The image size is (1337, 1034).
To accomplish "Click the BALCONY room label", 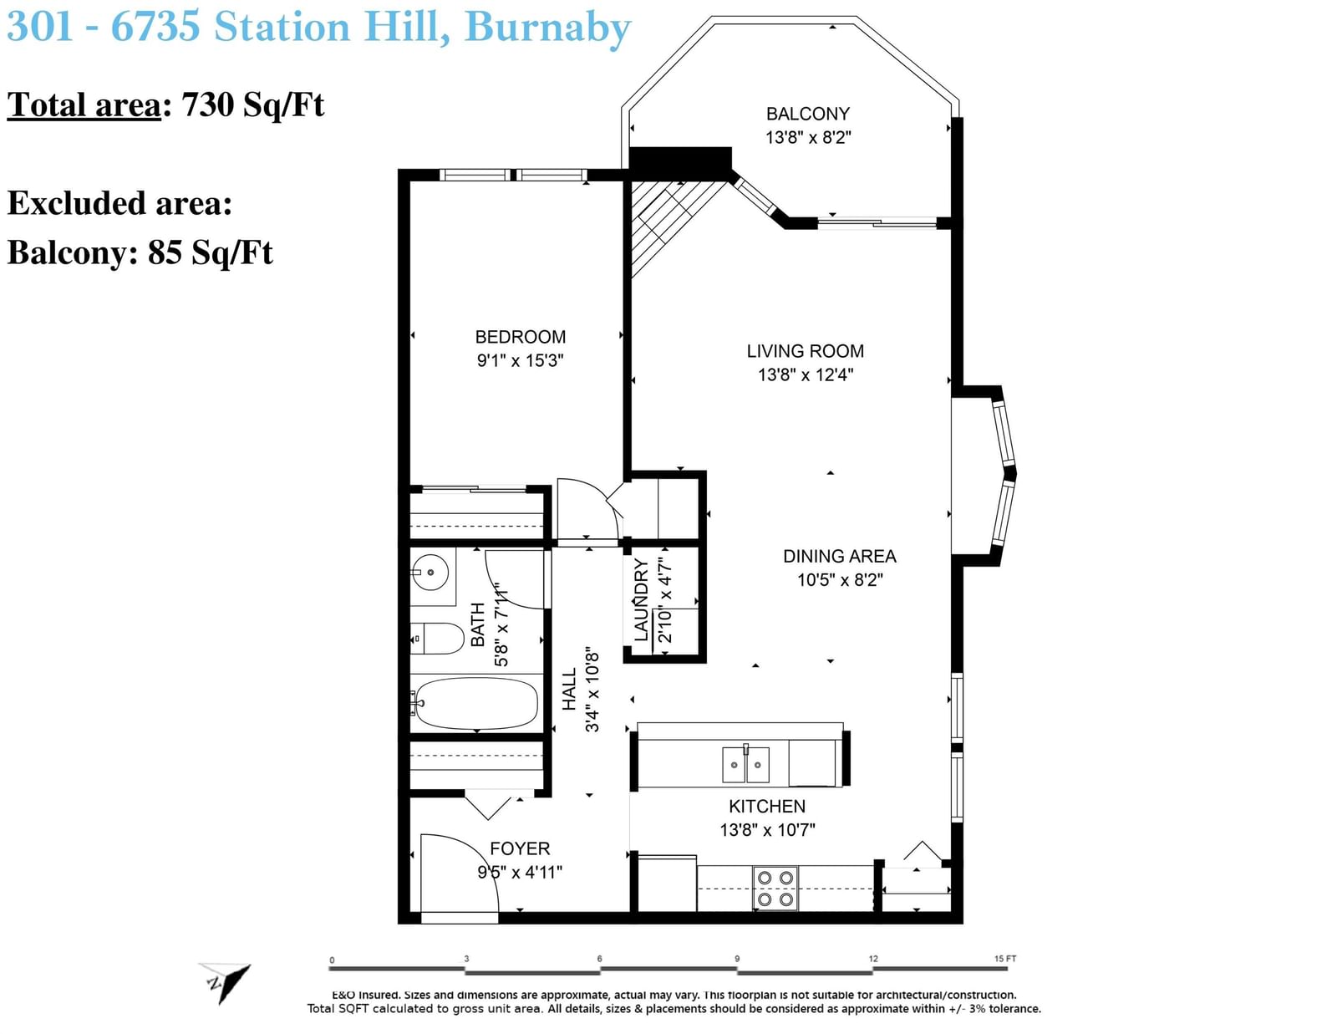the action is [807, 114].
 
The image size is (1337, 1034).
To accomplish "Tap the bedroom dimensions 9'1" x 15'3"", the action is [520, 360].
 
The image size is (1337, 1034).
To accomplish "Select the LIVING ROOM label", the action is [806, 351].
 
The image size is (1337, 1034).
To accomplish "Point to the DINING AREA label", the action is [839, 557].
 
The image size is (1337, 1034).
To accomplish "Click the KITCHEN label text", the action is [767, 807].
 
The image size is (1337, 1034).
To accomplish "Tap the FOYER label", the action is [520, 848].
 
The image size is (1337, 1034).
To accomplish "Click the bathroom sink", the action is [430, 573].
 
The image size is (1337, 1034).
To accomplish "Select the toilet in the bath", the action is [437, 639].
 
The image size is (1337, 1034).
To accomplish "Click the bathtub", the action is [475, 703].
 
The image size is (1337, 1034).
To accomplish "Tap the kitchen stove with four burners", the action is [775, 888].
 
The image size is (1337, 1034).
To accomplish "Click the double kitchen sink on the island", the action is [745, 764].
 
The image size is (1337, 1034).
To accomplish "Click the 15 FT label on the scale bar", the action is [1005, 958].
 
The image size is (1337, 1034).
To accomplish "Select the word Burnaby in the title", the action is [547, 28].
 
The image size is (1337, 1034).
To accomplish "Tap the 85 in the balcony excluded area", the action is [165, 252].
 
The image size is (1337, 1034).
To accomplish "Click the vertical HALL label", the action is [569, 690].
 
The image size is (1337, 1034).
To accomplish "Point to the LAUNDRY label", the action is [641, 600].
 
